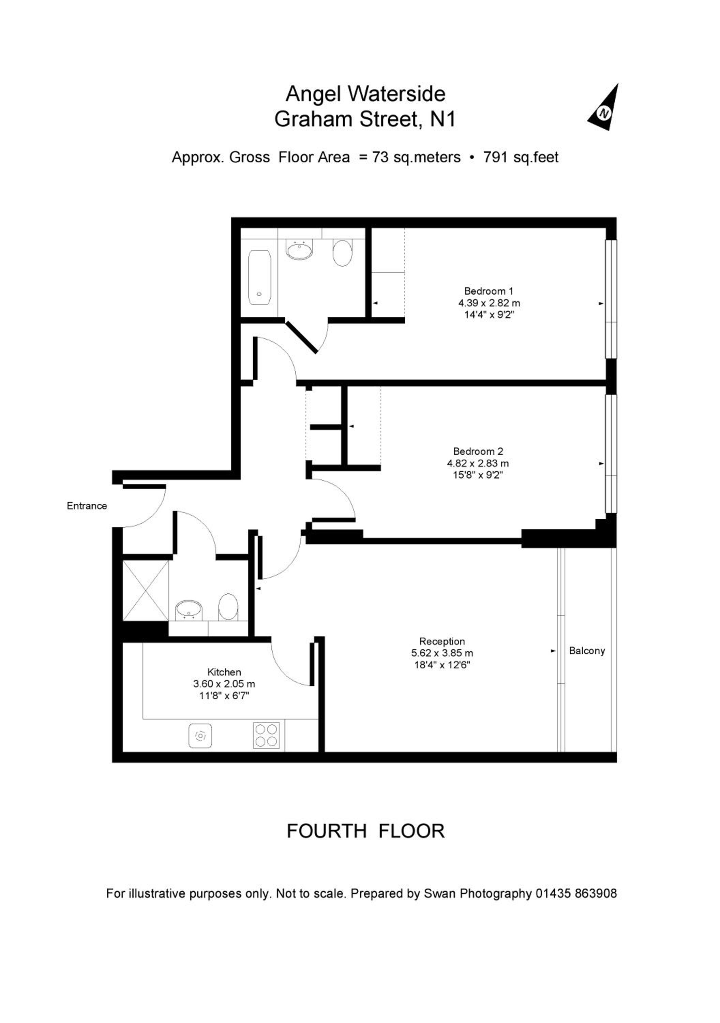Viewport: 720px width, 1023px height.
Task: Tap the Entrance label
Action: (87, 506)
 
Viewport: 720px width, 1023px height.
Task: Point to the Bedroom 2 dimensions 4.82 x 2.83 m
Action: (478, 463)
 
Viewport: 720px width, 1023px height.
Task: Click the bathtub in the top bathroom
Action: (259, 278)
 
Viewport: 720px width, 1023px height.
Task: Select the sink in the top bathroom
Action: (299, 250)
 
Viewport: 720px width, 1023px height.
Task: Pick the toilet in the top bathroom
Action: (342, 253)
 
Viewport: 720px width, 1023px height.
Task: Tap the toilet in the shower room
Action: (228, 607)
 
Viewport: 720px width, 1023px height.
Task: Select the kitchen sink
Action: (200, 736)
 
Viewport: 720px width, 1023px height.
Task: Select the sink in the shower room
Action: (189, 609)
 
